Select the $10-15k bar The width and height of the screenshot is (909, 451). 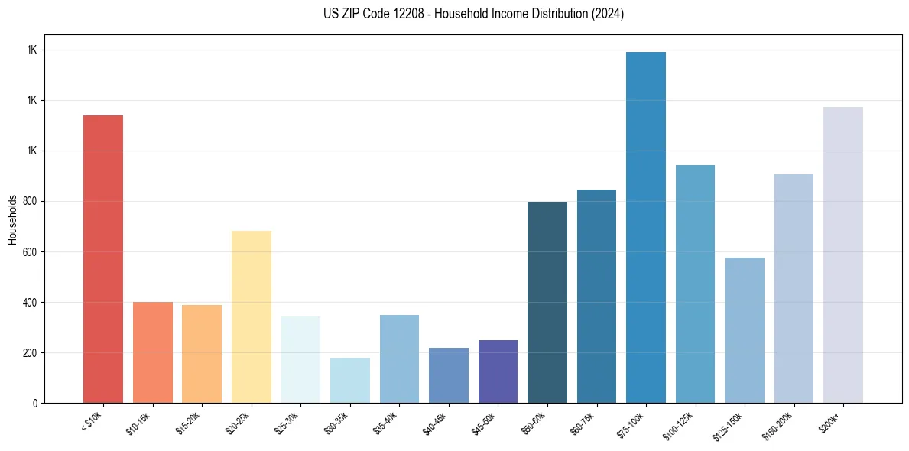pos(153,352)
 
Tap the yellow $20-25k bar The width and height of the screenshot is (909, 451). pos(252,316)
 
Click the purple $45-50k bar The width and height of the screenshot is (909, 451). pos(498,372)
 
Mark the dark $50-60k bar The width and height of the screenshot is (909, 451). pos(547,302)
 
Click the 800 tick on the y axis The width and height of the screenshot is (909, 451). pos(29,202)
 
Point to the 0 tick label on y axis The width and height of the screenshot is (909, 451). pos(35,404)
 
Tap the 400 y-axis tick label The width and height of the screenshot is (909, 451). pos(29,303)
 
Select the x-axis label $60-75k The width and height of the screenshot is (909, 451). pos(582,421)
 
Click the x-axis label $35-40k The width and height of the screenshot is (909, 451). pos(385,421)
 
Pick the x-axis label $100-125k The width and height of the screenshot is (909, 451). pos(679,423)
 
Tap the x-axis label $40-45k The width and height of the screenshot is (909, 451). pos(434,421)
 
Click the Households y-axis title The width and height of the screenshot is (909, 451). pos(12,219)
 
